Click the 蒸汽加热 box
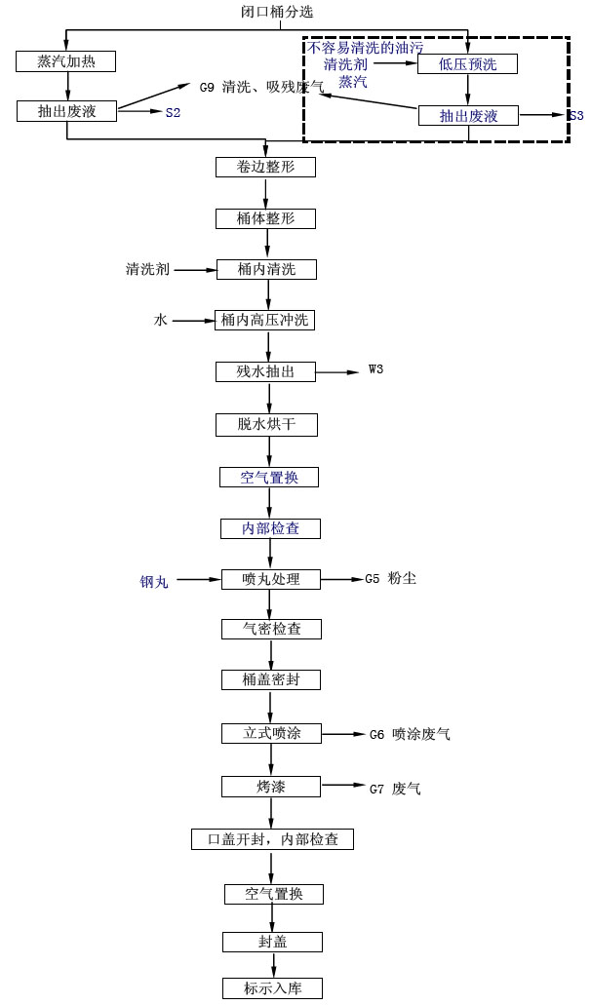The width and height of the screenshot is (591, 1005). point(66,61)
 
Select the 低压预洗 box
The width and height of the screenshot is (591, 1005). point(467,63)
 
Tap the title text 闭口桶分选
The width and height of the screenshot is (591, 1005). point(277,12)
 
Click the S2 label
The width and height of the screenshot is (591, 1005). point(173,113)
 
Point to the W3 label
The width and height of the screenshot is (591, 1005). point(376,369)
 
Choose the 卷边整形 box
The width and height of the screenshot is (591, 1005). point(265,167)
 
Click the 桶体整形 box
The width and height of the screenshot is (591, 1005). point(265,218)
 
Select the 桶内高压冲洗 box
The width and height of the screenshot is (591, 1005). point(265,320)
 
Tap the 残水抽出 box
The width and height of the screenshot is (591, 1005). point(265,371)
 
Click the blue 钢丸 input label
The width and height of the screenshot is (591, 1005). point(154,581)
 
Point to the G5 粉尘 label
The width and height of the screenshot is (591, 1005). point(390,579)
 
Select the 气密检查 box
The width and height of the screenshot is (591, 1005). point(271,629)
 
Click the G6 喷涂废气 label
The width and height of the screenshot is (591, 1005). point(410,734)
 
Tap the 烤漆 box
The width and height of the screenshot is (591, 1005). point(271,787)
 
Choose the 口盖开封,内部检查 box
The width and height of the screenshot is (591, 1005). point(272,839)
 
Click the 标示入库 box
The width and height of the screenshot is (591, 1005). point(272,987)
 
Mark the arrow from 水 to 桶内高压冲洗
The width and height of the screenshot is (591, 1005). point(193,320)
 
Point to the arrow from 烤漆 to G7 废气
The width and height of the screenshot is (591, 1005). point(342,786)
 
